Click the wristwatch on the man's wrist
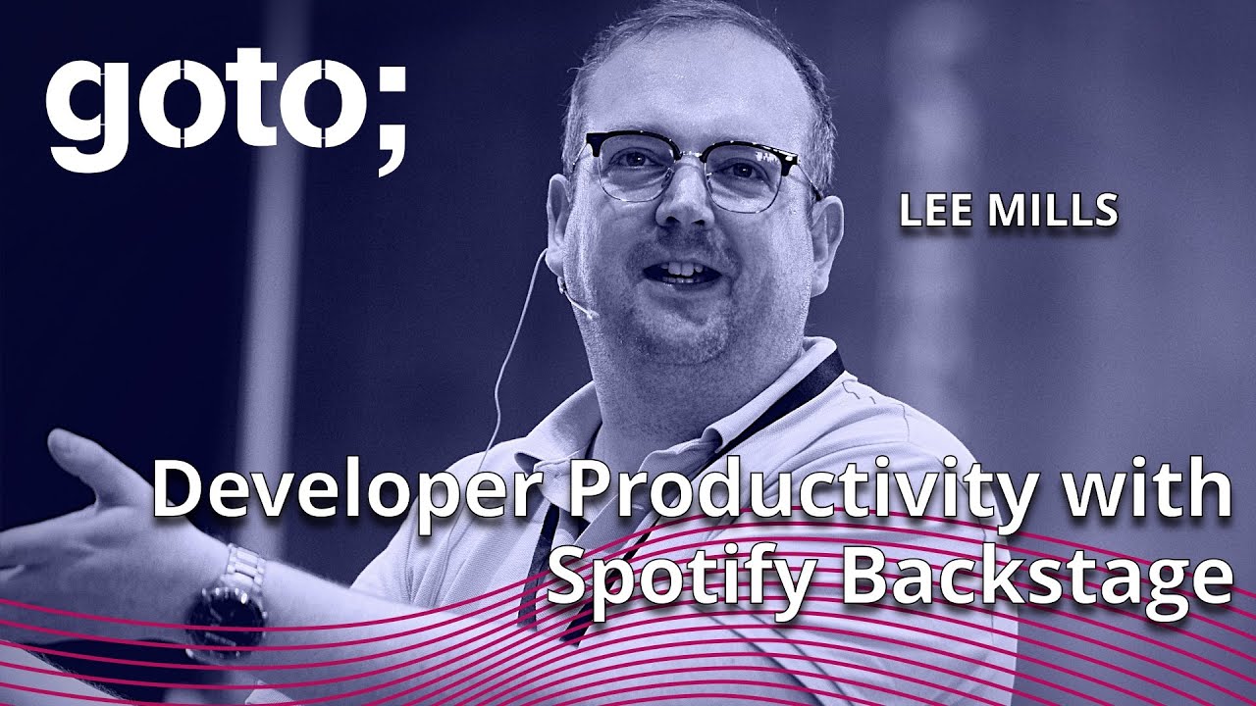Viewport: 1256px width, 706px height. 227,614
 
